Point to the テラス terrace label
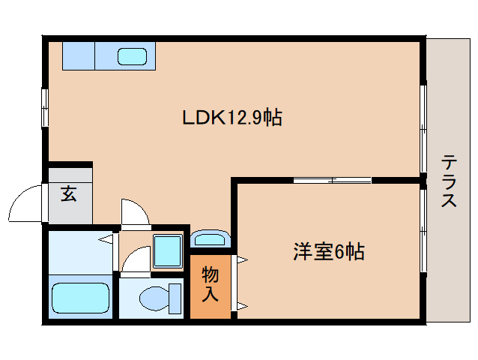(450, 181)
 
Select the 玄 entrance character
(69, 194)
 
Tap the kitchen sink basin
(133, 56)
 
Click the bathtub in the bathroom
(80, 297)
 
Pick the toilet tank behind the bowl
(176, 298)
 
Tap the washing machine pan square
(167, 250)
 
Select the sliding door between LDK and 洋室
(332, 180)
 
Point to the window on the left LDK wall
(45, 107)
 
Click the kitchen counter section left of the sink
(78, 55)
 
